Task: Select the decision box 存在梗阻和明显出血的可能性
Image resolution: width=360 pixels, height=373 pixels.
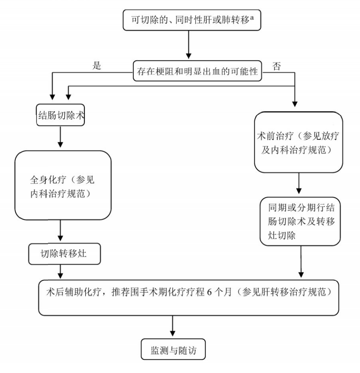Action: (197, 71)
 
